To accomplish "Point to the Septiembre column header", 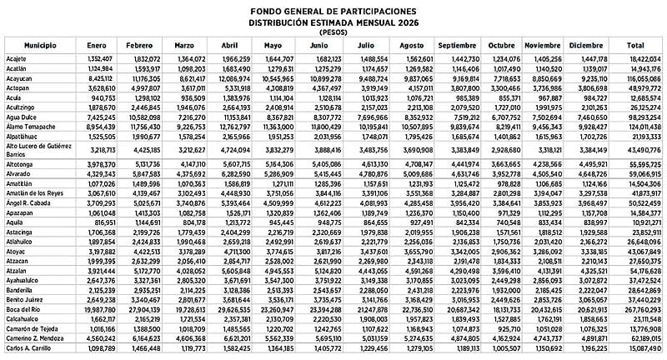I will pos(457,42).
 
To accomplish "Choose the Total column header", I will pos(634,42).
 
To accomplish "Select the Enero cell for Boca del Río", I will pos(98,308).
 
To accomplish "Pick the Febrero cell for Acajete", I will pos(144,59).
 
